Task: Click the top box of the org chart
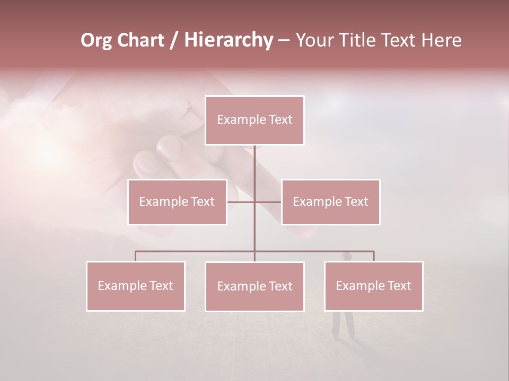pos(254,120)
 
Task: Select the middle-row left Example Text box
pos(177,202)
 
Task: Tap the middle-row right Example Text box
pos(330,202)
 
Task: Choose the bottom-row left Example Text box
pos(136,286)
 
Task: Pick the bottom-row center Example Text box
pos(254,286)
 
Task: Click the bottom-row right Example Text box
pos(373,286)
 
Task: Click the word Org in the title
pos(96,40)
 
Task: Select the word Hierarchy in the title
pos(228,40)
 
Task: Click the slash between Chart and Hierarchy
pos(174,40)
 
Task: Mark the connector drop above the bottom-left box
pos(136,256)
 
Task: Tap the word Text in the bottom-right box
pos(399,286)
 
